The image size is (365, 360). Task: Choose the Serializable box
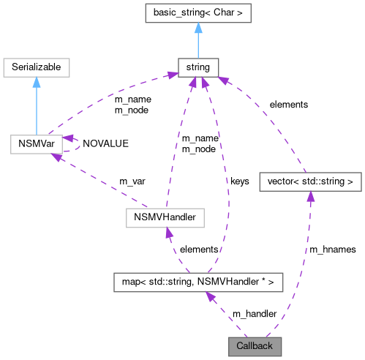[36, 67]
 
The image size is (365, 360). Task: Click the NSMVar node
[36, 142]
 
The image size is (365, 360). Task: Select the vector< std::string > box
[310, 179]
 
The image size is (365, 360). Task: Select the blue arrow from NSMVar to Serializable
[36, 106]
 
